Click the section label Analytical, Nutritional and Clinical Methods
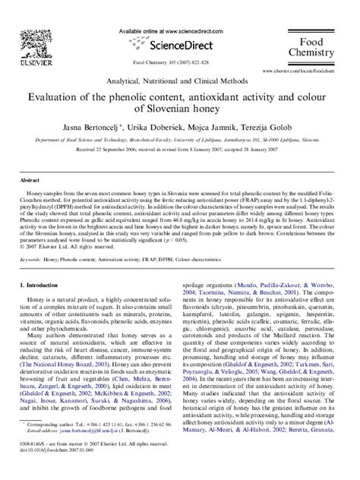pos(180,80)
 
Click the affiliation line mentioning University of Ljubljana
pos(180,141)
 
